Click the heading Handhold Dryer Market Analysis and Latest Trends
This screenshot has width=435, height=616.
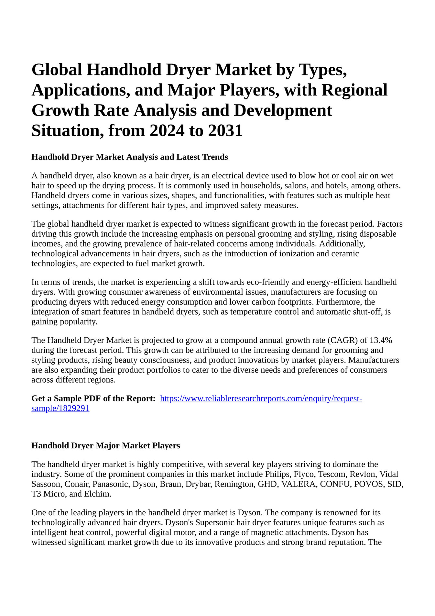(x=130, y=157)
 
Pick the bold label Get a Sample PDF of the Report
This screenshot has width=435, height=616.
(x=93, y=398)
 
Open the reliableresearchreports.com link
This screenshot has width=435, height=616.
(x=261, y=398)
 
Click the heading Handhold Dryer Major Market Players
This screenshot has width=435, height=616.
(x=106, y=446)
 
